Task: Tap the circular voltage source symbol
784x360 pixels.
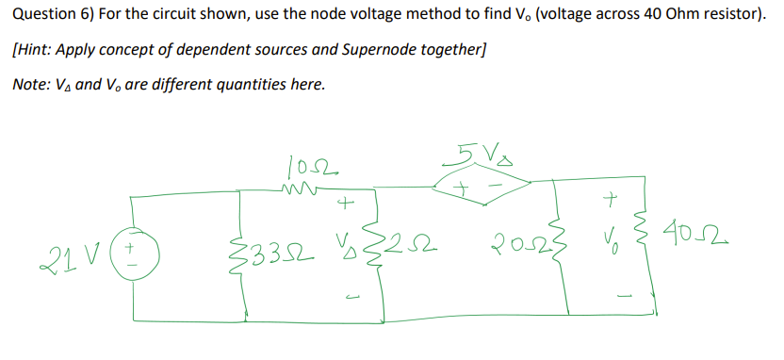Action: (x=132, y=253)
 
